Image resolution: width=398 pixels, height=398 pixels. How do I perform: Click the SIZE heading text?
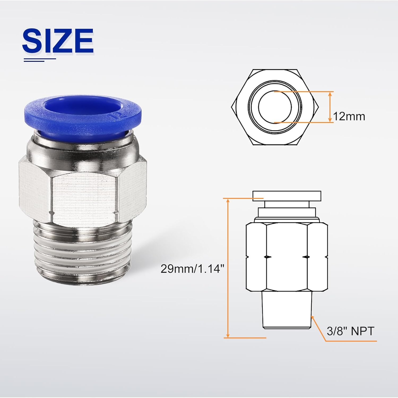click(58, 40)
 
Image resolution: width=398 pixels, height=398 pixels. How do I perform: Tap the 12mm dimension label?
click(349, 116)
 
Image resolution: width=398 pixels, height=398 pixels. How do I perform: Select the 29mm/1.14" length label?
click(192, 269)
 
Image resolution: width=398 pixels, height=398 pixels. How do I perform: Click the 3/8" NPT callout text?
click(350, 331)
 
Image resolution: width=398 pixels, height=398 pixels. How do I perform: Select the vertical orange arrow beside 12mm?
click(330, 107)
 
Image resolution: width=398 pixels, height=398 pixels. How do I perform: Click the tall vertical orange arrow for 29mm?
click(227, 268)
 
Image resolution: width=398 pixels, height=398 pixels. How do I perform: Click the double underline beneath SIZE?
click(40, 60)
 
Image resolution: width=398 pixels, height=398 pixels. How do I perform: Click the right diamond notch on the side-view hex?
click(307, 257)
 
